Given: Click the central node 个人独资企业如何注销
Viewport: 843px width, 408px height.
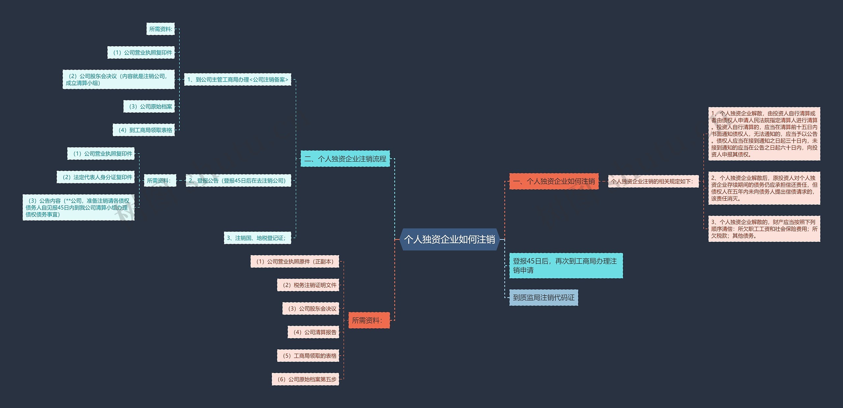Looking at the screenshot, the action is point(449,239).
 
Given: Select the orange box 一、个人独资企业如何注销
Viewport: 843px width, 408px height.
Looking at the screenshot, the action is point(554,181).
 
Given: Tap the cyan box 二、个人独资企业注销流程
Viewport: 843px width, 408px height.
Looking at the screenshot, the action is point(345,159).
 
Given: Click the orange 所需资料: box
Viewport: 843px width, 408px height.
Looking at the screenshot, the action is point(369,320).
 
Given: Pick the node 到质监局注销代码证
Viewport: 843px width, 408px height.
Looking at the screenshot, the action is point(543,298).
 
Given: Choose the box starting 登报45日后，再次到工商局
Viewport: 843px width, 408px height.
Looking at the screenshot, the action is point(566,266).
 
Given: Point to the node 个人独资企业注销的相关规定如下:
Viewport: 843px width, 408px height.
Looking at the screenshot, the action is point(653,181).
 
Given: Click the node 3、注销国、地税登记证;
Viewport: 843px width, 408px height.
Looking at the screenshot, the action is point(258,238).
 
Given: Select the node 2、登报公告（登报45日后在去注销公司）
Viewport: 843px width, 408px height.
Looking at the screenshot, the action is point(238,181).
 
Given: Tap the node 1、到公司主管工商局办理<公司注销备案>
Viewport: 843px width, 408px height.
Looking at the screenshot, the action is point(237,79).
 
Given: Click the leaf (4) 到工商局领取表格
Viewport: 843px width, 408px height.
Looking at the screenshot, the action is point(144,130).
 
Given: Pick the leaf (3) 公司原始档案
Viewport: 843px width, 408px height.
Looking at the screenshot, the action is point(149,106).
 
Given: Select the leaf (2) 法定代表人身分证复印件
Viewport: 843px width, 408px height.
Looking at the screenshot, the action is point(96,177).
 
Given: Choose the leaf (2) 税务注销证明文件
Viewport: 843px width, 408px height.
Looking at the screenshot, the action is point(308,285).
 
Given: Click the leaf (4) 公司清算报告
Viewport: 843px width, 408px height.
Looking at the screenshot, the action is point(313,332).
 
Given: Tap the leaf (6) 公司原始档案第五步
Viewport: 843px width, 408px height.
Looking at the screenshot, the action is point(306,379).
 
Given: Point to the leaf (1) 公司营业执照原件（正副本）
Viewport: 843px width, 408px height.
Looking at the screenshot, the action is point(295,261).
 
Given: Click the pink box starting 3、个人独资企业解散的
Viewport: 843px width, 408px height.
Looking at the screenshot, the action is point(764,229).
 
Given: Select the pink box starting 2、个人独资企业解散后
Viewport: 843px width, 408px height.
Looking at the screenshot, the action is point(764,188).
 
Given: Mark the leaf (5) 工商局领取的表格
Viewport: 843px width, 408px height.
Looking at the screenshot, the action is point(308,356).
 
